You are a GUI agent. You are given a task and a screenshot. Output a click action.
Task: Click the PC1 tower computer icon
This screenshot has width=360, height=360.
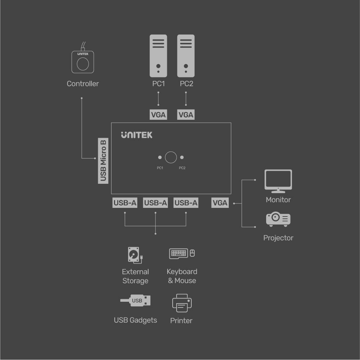point(158,56)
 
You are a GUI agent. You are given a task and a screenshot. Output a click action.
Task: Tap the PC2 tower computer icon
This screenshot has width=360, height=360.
point(186,56)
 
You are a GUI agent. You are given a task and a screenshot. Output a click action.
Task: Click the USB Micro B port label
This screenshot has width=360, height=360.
point(103,160)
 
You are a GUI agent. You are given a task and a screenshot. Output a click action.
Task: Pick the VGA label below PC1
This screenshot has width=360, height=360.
point(158,115)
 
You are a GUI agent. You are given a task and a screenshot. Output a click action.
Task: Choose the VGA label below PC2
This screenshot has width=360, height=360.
point(186,115)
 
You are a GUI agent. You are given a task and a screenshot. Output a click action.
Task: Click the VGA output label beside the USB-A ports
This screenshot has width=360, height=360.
point(220,203)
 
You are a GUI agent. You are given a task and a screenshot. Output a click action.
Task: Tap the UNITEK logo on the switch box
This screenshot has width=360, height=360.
point(137,135)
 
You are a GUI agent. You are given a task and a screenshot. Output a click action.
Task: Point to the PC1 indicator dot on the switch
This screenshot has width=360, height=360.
point(160,158)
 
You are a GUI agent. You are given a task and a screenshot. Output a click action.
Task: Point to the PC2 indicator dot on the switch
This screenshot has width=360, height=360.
point(182,158)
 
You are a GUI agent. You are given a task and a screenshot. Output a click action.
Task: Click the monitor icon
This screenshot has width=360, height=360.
point(278,181)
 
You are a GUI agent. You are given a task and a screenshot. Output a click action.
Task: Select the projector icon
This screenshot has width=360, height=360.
point(278,219)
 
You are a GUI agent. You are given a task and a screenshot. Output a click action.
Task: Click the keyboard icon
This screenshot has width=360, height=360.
point(178,253)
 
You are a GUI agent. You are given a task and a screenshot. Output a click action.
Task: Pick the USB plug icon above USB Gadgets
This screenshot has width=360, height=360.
point(136,301)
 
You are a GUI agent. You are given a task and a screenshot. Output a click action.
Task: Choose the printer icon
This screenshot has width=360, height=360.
point(182,303)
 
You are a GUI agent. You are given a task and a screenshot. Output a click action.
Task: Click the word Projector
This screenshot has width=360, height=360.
point(278,238)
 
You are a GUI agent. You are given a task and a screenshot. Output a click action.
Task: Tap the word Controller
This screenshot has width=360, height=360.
point(83,84)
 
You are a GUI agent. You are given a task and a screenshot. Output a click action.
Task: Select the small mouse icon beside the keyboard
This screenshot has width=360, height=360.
point(192,253)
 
